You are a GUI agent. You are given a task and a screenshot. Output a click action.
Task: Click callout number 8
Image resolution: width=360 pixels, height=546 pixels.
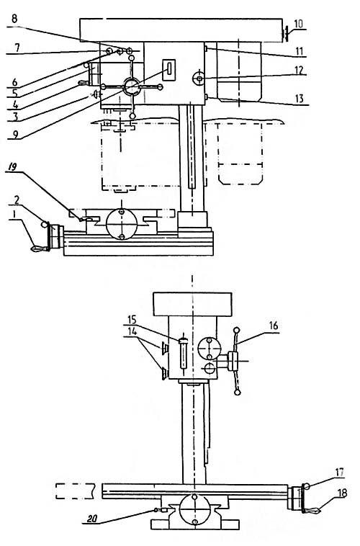coord(14,19)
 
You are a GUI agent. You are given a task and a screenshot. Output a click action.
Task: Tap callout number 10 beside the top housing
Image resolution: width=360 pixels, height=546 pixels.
coord(298,24)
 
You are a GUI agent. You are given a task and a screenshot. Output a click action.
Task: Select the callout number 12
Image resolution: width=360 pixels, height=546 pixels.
coord(299,71)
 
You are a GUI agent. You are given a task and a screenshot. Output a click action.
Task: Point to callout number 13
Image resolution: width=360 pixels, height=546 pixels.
coord(299,99)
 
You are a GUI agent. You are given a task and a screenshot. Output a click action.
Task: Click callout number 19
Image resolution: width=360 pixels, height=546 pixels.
coord(12,168)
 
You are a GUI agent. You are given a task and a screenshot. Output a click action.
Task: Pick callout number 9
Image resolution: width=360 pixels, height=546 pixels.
coord(14,134)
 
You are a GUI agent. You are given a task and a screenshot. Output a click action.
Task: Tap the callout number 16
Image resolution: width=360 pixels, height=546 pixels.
coord(274,326)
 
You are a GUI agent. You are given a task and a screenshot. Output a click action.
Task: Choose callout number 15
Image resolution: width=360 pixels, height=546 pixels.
coord(132,320)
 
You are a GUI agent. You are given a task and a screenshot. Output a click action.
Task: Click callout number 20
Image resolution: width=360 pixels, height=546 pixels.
coord(91,519)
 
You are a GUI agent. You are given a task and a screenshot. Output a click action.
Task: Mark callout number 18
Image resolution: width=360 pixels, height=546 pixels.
coord(342,493)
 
